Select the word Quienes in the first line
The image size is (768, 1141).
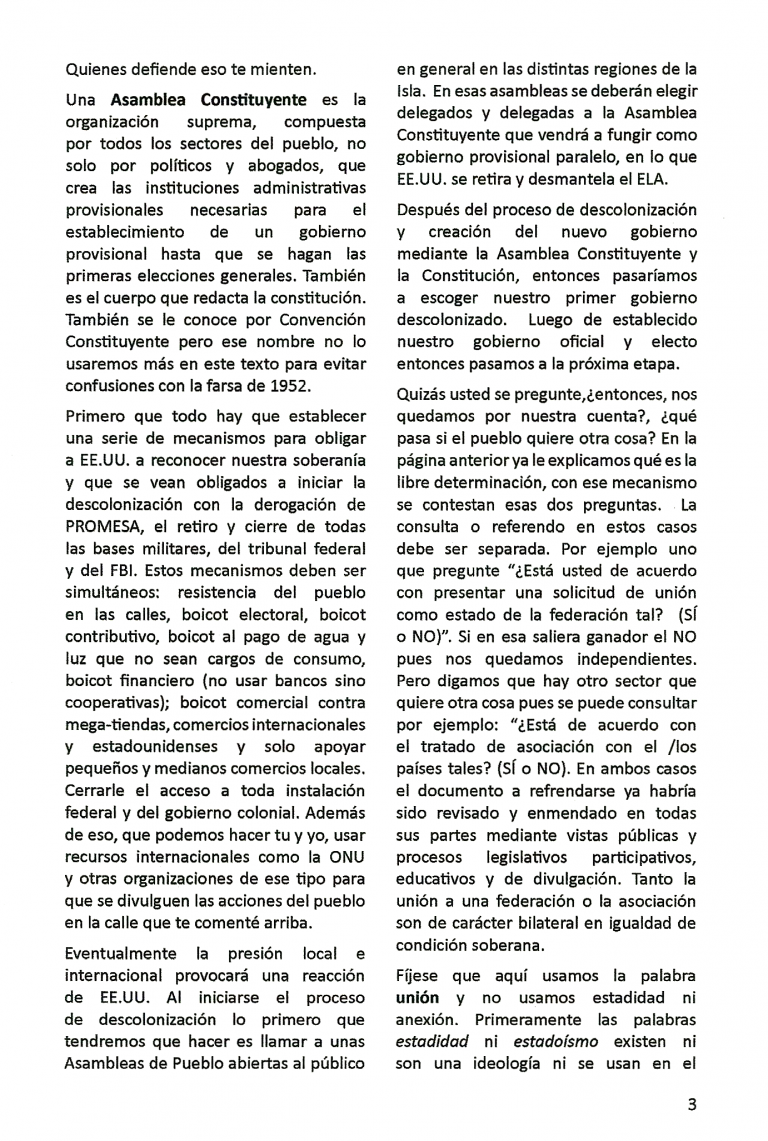pos(98,70)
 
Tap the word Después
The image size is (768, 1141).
pos(430,210)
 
